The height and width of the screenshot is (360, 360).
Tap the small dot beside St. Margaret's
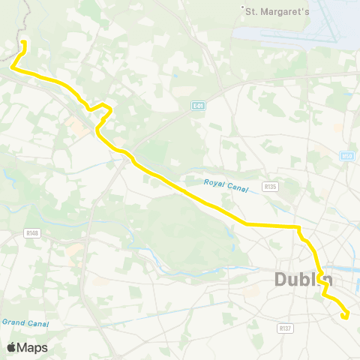tap(243, 9)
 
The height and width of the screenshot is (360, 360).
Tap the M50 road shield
tap(346, 156)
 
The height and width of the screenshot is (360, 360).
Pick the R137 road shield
tap(284, 328)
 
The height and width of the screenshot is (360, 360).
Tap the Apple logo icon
tap(12, 347)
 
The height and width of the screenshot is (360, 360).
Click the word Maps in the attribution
tap(33, 347)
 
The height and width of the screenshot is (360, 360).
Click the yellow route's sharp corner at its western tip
tap(12, 67)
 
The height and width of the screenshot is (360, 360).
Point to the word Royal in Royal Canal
tap(213, 181)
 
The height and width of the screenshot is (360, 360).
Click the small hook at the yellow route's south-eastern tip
tap(346, 316)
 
